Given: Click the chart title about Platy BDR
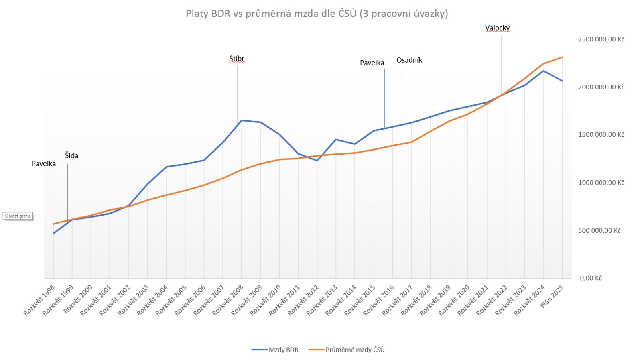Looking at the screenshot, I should click(317, 14).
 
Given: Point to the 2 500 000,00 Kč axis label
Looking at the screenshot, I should click(601, 39).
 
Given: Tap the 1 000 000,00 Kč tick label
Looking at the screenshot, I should click(601, 183).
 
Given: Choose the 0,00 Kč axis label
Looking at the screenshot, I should click(591, 278).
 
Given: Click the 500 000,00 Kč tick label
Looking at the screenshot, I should click(599, 230).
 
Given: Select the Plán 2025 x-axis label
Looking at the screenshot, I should click(552, 297).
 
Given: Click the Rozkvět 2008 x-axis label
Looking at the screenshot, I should click(228, 300).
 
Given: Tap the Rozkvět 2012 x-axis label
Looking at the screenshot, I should click(303, 300).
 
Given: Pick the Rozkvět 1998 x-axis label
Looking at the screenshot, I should click(39, 300).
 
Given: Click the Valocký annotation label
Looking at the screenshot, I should click(497, 28).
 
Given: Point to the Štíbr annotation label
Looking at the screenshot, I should click(237, 59).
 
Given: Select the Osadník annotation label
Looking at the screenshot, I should click(409, 60).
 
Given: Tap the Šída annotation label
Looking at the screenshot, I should click(71, 155).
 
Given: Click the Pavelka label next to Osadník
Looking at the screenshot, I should click(372, 63).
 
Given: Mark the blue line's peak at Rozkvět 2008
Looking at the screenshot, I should click(242, 120).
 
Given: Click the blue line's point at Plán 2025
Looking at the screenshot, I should click(562, 81).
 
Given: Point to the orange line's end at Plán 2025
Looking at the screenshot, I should click(562, 57).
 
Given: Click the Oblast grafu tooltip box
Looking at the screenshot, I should click(18, 216).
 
